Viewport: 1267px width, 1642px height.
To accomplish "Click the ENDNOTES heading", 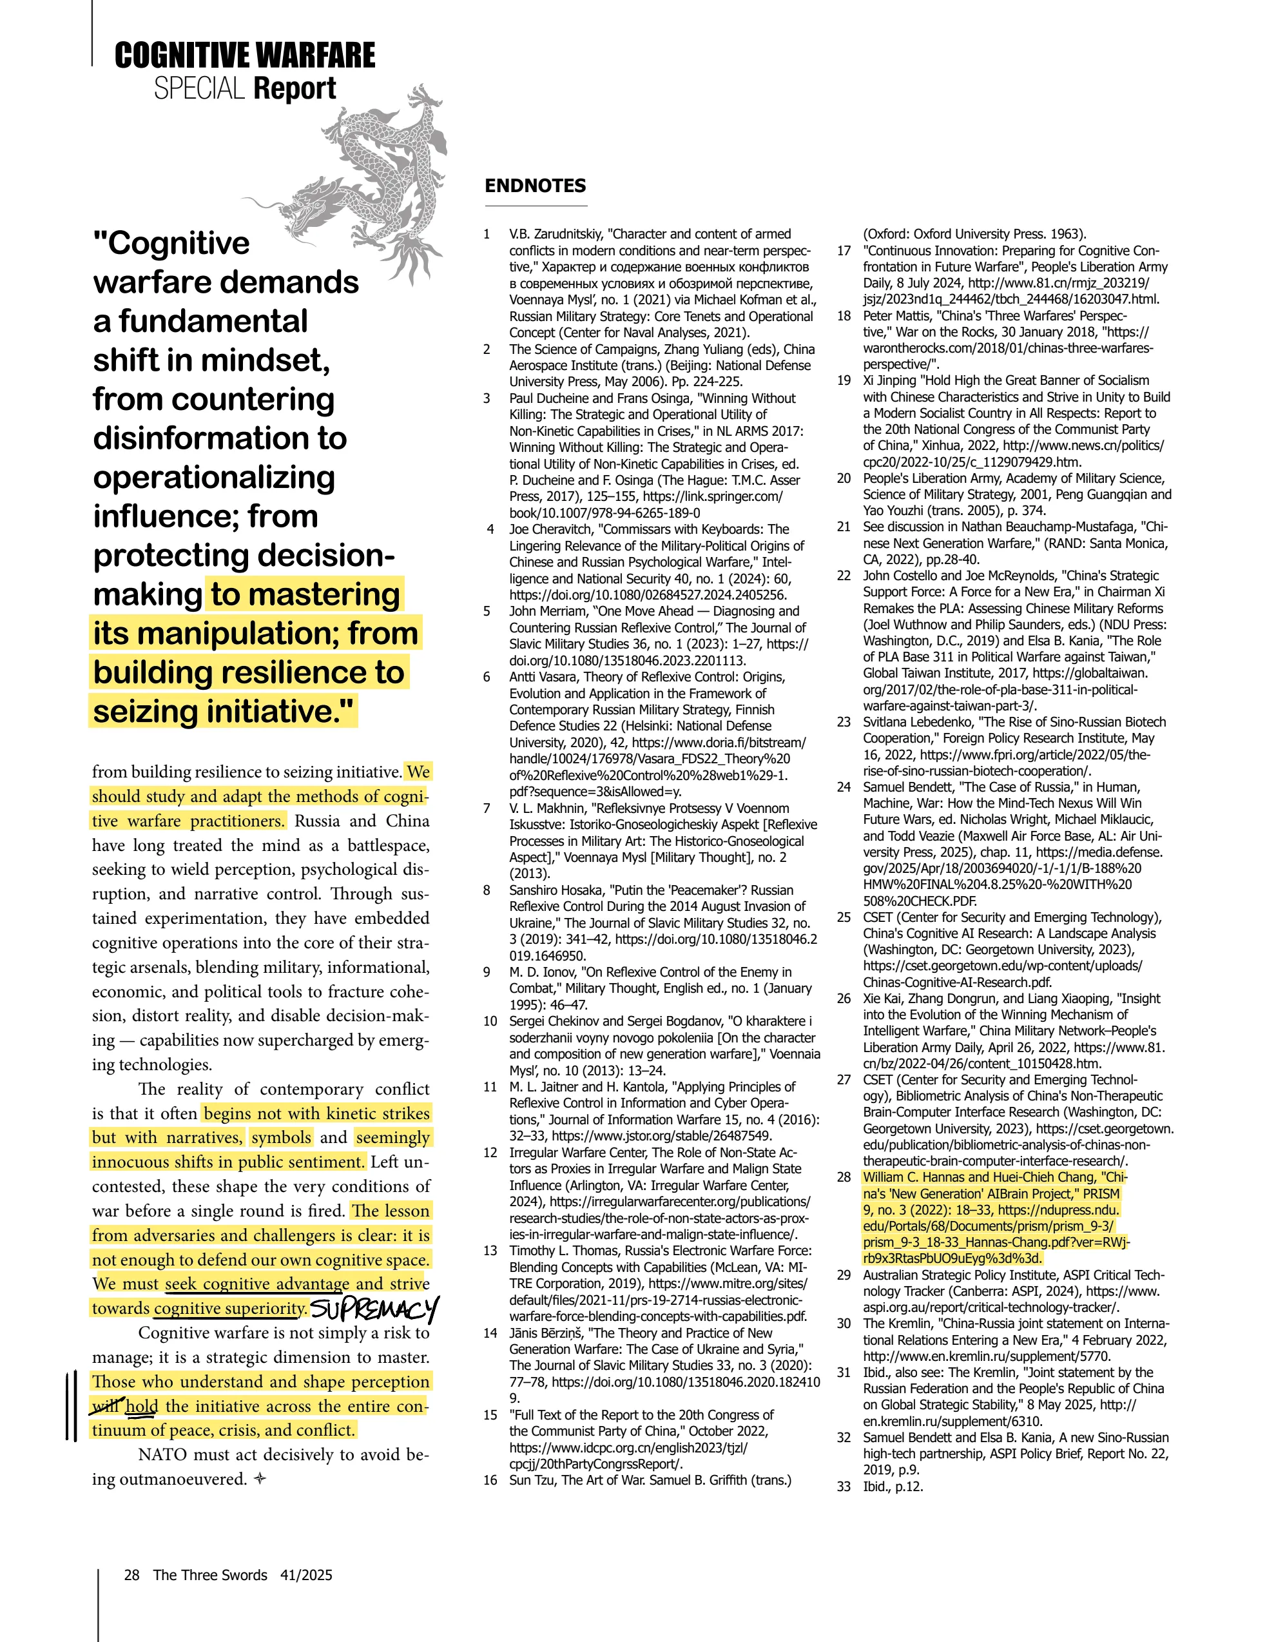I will point(535,186).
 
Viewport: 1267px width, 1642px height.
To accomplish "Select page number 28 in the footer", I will point(131,1574).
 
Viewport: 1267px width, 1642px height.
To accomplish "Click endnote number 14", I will point(490,1333).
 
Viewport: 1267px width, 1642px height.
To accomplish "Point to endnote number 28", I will point(844,1177).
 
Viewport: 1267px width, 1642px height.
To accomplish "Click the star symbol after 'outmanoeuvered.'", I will point(260,1479).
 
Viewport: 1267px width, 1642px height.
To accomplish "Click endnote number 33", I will point(844,1487).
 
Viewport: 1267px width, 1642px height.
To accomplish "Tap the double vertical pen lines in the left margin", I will point(71,1405).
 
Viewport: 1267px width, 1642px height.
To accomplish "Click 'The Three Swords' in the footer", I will point(211,1574).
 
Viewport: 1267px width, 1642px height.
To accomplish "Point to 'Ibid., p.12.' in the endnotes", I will point(893,1487).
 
